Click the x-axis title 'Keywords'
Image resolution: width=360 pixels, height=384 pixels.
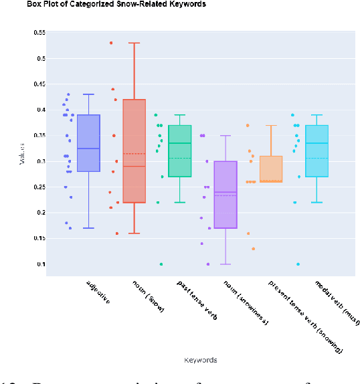coord(200,360)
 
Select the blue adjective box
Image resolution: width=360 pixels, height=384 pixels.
coord(88,153)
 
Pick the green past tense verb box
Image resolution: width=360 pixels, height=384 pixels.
coord(179,151)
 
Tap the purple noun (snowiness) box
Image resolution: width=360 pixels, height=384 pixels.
coord(225,194)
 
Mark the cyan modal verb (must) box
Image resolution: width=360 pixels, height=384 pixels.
coord(317,151)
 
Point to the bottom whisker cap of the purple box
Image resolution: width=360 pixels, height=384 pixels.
coord(225,264)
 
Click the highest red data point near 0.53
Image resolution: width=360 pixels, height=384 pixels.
coord(111,43)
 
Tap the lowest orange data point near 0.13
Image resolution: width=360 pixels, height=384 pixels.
coord(253,249)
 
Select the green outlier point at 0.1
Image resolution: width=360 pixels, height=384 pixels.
coord(161,264)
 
